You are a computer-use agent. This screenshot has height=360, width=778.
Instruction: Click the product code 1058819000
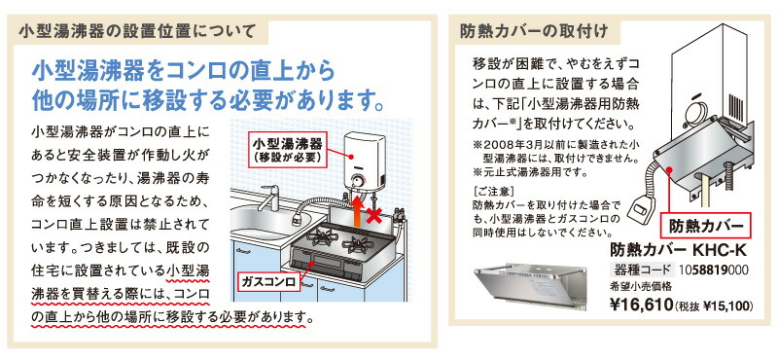707,270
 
